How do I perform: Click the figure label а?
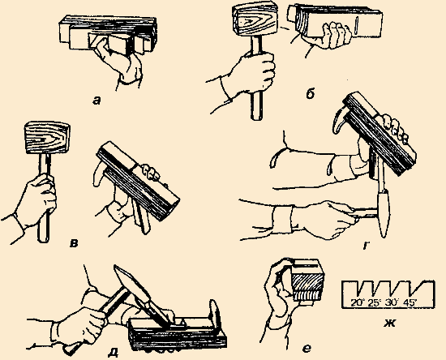point(96,101)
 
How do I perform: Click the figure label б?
point(310,94)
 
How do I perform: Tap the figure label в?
point(74,243)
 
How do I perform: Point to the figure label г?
point(367,246)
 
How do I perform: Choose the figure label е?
point(307,349)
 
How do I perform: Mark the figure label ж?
point(389,323)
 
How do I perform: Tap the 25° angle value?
point(375,302)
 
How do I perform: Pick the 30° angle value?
point(392,302)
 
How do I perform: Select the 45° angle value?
point(410,302)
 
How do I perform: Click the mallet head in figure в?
point(47,138)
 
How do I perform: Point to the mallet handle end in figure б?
point(256,116)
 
